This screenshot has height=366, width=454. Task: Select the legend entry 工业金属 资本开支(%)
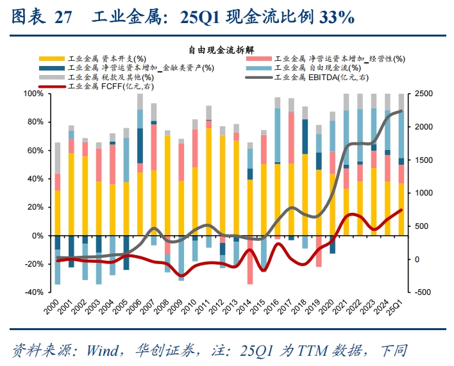coord(106,60)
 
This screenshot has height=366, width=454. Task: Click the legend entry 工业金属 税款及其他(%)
coord(106,78)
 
